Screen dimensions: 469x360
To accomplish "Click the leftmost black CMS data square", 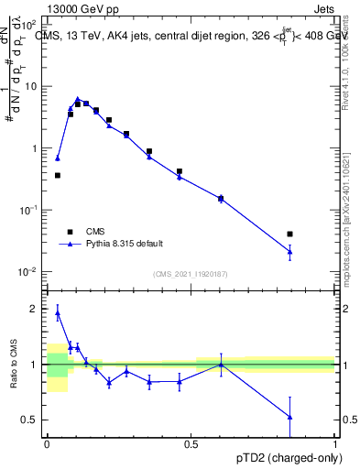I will click(58, 175).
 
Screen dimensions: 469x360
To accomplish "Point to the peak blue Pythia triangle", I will click(78, 99).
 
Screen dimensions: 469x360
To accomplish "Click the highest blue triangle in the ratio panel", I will click(58, 312).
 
